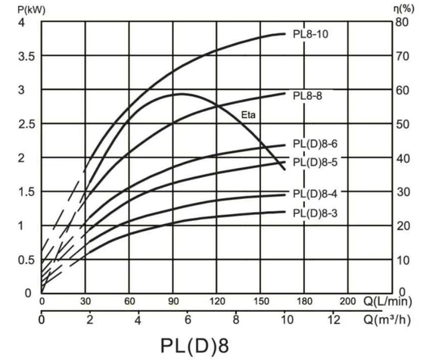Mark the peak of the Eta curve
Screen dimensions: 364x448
[x=180, y=94]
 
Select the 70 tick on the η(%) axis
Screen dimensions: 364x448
[x=405, y=57]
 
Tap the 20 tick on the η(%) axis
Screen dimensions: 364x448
[x=405, y=226]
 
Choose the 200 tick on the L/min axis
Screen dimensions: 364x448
[x=347, y=300]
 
